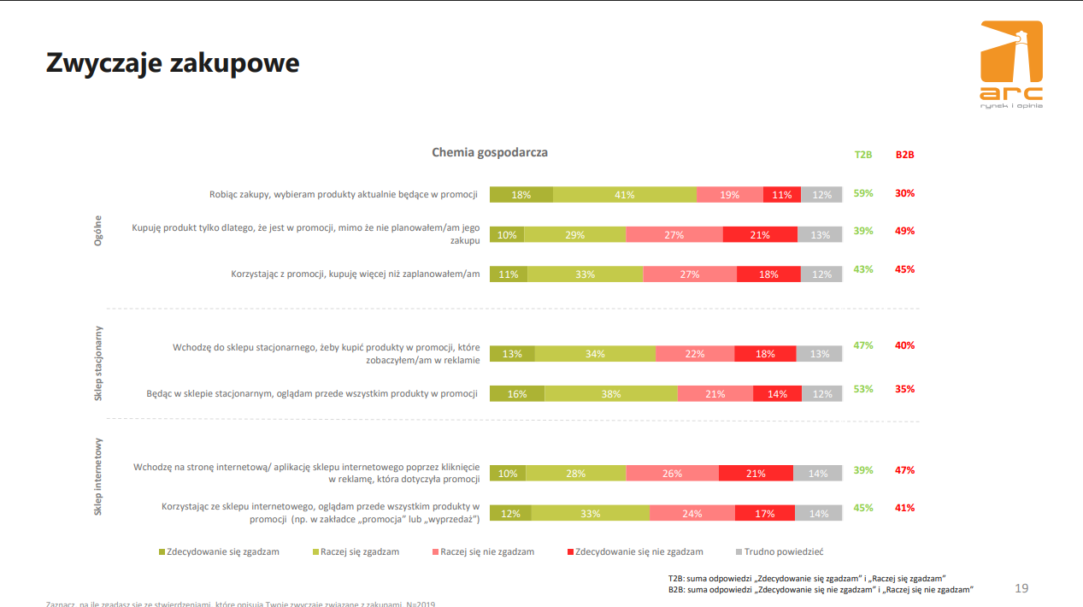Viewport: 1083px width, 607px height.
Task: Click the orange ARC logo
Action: pos(1011,64)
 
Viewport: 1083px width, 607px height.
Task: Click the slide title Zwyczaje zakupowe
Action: pos(173,62)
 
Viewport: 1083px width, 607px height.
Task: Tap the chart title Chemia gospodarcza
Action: pos(490,152)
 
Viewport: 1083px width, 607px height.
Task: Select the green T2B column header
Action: pos(863,155)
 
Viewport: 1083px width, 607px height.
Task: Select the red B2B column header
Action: pos(904,155)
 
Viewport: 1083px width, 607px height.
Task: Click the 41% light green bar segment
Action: pos(624,195)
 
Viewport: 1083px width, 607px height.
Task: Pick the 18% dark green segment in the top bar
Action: pos(521,195)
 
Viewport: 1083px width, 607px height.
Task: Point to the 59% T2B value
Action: pos(863,193)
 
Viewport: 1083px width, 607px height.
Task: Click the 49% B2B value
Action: pos(904,231)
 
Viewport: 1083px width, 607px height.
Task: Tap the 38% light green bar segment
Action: pos(610,394)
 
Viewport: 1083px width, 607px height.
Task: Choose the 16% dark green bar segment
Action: pos(517,394)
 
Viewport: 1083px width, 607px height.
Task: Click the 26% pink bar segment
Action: pos(672,473)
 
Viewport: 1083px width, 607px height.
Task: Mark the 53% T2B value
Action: pos(863,389)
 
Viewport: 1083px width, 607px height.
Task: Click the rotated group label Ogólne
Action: pos(98,231)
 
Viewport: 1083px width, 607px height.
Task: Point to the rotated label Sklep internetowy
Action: pos(98,477)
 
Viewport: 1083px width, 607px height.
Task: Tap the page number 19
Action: pos(1021,588)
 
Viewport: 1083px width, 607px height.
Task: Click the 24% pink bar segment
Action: pos(692,514)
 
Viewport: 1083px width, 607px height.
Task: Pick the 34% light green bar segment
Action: pos(595,354)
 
